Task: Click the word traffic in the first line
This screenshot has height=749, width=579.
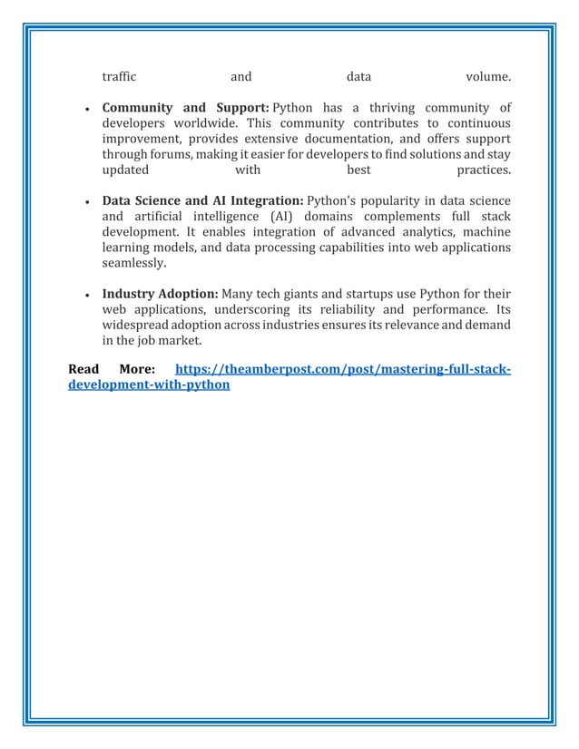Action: tap(118, 75)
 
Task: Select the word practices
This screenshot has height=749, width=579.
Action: tap(483, 170)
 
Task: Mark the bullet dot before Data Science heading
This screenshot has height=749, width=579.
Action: tap(85, 202)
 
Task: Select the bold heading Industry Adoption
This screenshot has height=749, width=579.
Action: tap(160, 294)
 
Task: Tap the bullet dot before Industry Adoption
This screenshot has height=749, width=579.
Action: tap(85, 296)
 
